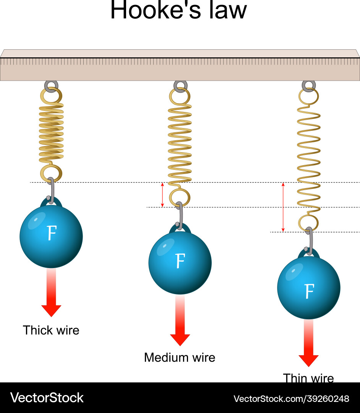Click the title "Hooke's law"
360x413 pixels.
pyautogui.click(x=178, y=10)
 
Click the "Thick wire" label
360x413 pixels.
pyautogui.click(x=51, y=330)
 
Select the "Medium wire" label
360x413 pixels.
pyautogui.click(x=180, y=358)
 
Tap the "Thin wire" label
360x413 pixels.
pyautogui.click(x=308, y=378)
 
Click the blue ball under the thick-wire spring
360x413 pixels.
pyautogui.click(x=51, y=236)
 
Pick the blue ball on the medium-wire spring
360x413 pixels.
pyautogui.click(x=180, y=263)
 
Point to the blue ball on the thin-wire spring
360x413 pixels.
pyautogui.click(x=308, y=288)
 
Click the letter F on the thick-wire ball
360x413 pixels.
pyautogui.click(x=51, y=233)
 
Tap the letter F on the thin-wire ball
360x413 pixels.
pyautogui.click(x=309, y=291)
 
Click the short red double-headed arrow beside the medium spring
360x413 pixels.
pyautogui.click(x=162, y=195)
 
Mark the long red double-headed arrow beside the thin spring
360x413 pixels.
pyautogui.click(x=283, y=207)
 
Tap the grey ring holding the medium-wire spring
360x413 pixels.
pyautogui.click(x=180, y=86)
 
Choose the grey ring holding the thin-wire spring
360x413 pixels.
pyautogui.click(x=308, y=86)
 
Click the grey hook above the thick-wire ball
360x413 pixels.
pyautogui.click(x=51, y=189)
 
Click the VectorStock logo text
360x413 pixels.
pyautogui.click(x=47, y=398)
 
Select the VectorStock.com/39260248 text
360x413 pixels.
pyautogui.click(x=291, y=399)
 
